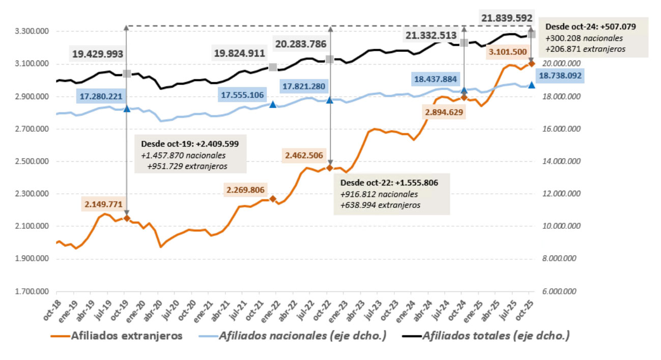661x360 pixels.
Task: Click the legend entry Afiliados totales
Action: [x=496, y=336]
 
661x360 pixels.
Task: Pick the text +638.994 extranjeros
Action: [x=380, y=205]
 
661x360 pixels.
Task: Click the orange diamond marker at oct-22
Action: [x=329, y=168]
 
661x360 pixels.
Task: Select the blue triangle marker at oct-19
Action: [x=127, y=108]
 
